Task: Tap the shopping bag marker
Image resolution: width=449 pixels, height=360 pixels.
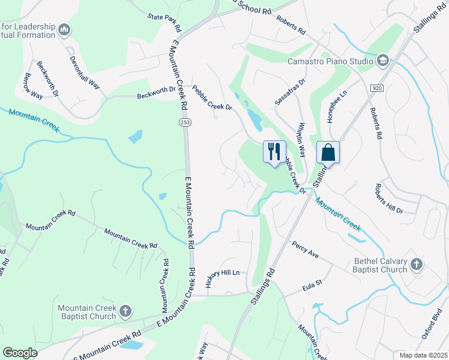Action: click(x=328, y=152)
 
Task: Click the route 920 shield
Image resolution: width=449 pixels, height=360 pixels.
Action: click(x=377, y=88)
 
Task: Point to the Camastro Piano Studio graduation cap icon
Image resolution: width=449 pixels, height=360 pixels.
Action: click(x=383, y=61)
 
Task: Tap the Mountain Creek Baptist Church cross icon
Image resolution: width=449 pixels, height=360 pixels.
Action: click(x=125, y=311)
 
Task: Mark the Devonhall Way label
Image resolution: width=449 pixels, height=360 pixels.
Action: click(x=84, y=73)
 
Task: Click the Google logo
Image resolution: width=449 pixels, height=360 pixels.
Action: click(x=20, y=353)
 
